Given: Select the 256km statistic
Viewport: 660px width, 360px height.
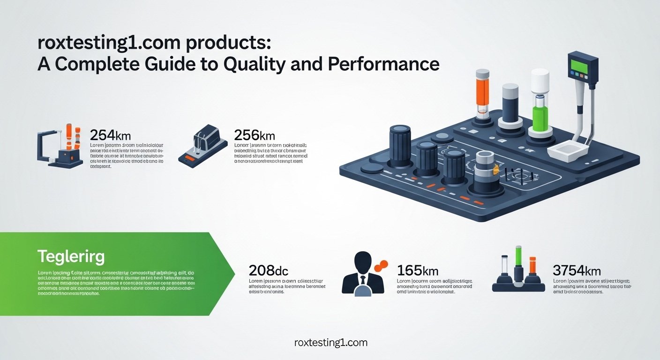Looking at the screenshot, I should pyautogui.click(x=254, y=135).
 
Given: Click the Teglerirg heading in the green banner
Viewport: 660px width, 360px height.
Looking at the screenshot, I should pyautogui.click(x=71, y=257).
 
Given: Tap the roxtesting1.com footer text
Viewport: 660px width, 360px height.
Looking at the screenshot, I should pyautogui.click(x=330, y=343).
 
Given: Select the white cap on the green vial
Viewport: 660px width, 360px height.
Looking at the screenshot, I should pyautogui.click(x=540, y=80).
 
